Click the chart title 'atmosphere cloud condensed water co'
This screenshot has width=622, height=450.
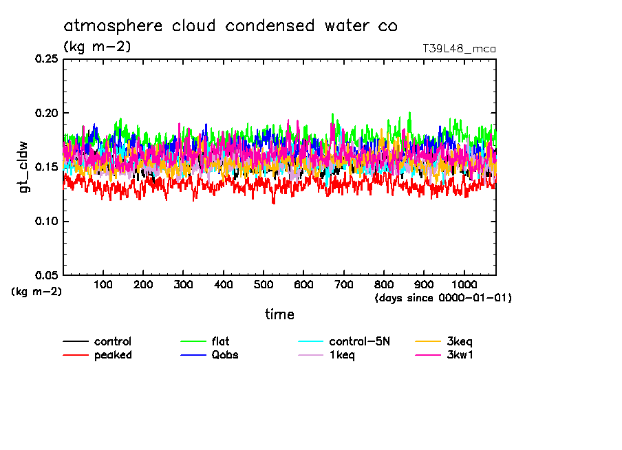point(230,26)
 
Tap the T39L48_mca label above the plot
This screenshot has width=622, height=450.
point(459,49)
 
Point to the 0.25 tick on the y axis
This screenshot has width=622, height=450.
point(46,59)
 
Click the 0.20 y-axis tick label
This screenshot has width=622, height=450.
point(46,113)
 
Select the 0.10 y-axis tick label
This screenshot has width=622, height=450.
point(46,221)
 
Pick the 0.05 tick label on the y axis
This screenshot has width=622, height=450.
point(46,275)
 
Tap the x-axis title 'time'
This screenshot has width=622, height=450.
point(279,314)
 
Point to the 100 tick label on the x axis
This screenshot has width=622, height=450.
point(103,285)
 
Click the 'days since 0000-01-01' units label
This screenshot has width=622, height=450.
point(443,298)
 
